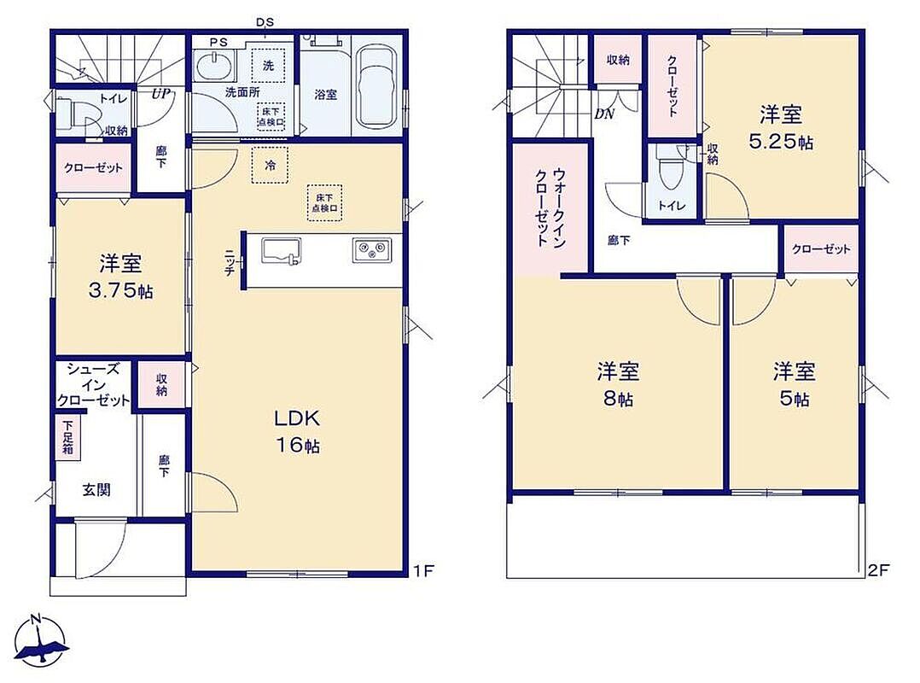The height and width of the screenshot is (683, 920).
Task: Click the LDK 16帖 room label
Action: pyautogui.click(x=298, y=431)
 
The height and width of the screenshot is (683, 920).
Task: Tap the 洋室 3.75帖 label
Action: pyautogui.click(x=121, y=277)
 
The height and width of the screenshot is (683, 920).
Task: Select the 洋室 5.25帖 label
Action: pyautogui.click(x=781, y=128)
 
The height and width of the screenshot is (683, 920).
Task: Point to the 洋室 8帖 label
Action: pyautogui.click(x=618, y=384)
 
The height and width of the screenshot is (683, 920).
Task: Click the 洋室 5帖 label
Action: pyautogui.click(x=794, y=384)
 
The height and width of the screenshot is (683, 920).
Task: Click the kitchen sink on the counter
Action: pyautogui.click(x=281, y=251)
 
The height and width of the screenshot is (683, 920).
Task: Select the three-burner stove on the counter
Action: pyautogui.click(x=372, y=250)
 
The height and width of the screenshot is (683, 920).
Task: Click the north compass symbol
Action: pyautogui.click(x=40, y=641)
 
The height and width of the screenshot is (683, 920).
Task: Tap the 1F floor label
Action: pyautogui.click(x=423, y=569)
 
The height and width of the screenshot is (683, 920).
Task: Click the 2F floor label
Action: pyautogui.click(x=879, y=569)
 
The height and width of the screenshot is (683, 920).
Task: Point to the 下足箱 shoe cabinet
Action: pyautogui.click(x=68, y=437)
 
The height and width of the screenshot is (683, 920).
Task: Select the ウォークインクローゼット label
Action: pyautogui.click(x=551, y=207)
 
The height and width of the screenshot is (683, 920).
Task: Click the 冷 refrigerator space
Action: pyautogui.click(x=270, y=166)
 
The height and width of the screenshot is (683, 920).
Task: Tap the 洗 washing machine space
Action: pyautogui.click(x=268, y=65)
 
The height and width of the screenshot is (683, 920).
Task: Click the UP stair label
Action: pyautogui.click(x=161, y=94)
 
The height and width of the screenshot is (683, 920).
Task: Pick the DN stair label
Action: pyautogui.click(x=603, y=114)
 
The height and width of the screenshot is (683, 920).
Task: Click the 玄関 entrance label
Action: pyautogui.click(x=96, y=489)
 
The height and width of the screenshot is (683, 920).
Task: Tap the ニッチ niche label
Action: pyautogui.click(x=230, y=262)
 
